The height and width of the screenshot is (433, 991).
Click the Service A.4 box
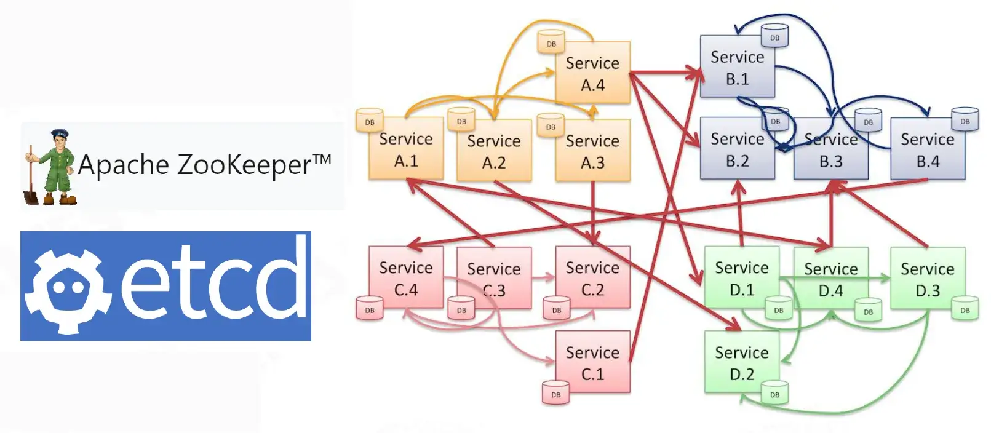(592, 73)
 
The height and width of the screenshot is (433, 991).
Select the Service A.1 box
(406, 149)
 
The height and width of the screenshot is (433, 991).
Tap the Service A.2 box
(494, 151)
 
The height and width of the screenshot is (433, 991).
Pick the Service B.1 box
(737, 67)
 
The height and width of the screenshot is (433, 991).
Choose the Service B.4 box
(928, 150)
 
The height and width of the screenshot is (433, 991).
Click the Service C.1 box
(592, 362)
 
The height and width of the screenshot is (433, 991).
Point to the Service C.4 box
(406, 278)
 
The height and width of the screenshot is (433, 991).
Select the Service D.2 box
(741, 362)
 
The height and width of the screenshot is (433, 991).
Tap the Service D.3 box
(928, 279)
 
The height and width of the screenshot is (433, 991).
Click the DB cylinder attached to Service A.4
(551, 42)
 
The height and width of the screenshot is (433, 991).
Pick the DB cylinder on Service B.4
(965, 121)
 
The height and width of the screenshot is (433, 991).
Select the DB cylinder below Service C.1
(555, 394)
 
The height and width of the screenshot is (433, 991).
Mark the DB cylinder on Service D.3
(965, 310)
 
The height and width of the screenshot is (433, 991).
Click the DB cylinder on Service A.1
(369, 121)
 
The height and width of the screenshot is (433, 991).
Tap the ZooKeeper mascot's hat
(59, 133)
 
